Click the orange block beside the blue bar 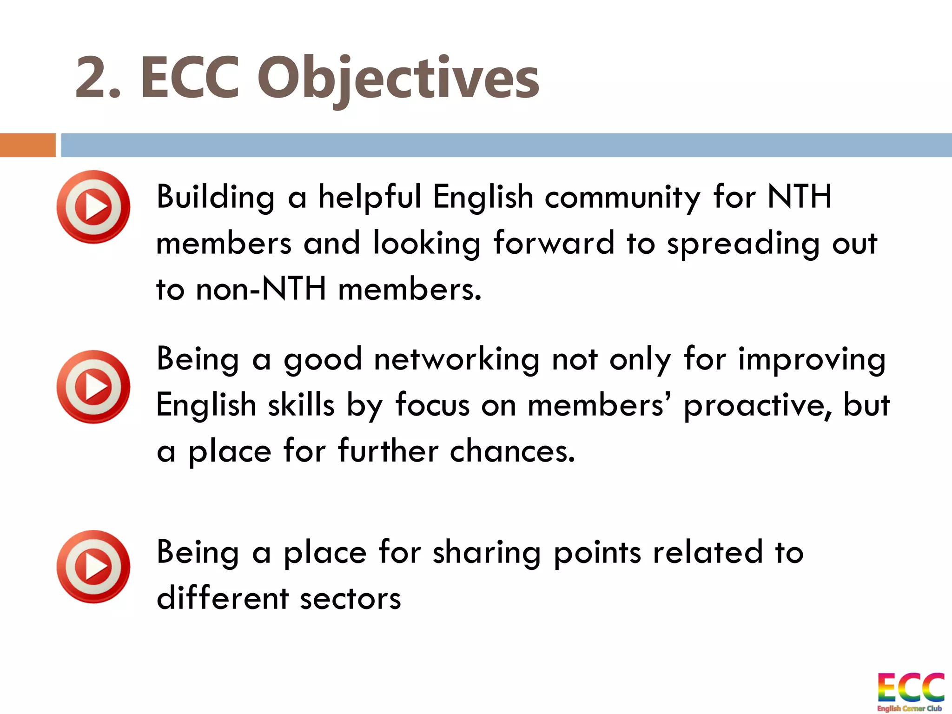[27, 145]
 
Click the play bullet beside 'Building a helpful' [93, 207]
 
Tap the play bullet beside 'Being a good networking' [93, 387]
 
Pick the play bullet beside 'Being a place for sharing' [93, 567]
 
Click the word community [622, 198]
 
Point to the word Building [216, 198]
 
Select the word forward [554, 243]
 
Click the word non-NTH [261, 289]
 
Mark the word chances [512, 451]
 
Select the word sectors [350, 599]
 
